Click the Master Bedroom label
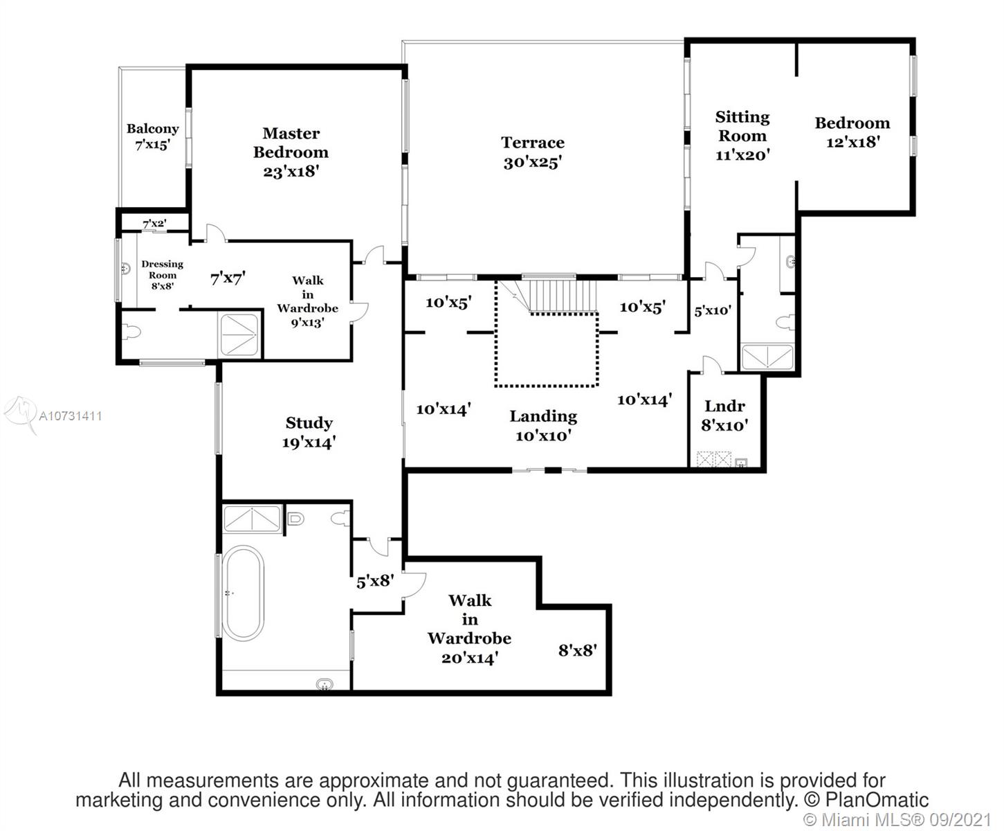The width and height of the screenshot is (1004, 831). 291,152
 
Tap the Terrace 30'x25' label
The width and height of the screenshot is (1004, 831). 532,152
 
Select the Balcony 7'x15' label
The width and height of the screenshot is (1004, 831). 152,136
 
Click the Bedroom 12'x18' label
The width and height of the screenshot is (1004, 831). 852,132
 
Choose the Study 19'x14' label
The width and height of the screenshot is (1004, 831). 309,432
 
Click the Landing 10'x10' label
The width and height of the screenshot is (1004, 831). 543,425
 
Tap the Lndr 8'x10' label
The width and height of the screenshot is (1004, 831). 724,415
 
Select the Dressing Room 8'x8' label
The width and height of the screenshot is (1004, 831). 162,274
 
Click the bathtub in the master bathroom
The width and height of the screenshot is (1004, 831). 241,593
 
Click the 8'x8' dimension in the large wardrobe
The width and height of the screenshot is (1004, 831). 577,650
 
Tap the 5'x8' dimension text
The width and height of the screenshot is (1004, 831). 374,582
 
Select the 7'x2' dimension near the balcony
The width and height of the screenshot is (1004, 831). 154,224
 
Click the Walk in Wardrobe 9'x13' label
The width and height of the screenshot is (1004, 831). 307,301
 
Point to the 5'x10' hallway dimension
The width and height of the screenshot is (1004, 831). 713,310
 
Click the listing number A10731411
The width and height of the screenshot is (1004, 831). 71,416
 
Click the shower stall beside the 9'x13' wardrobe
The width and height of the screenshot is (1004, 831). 240,336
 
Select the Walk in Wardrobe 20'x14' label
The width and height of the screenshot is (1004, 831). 470,629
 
